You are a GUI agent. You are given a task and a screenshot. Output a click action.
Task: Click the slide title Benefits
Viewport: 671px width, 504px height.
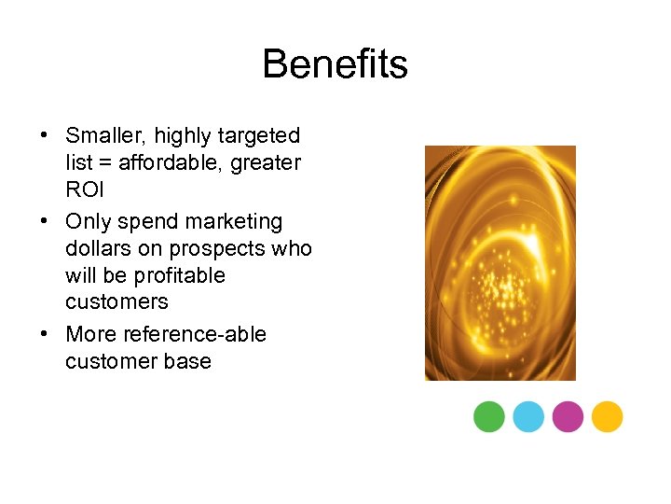click(335, 64)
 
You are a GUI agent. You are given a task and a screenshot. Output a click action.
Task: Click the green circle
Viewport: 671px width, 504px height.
click(489, 416)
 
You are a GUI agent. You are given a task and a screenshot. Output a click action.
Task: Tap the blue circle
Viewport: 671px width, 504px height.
click(528, 416)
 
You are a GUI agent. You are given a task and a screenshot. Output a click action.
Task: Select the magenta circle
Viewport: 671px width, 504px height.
click(568, 416)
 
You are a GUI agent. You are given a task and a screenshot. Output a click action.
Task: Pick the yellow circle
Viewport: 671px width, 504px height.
click(607, 416)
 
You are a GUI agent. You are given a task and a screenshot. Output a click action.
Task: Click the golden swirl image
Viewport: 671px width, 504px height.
click(500, 262)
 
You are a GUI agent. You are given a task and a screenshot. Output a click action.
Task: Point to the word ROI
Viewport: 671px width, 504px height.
click(86, 189)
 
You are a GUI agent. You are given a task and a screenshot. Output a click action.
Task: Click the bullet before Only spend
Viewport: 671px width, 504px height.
click(45, 222)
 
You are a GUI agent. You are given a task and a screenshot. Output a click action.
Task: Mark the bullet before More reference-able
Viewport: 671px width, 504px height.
click(45, 334)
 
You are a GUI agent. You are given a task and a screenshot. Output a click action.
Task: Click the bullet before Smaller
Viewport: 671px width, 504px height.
click(45, 136)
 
